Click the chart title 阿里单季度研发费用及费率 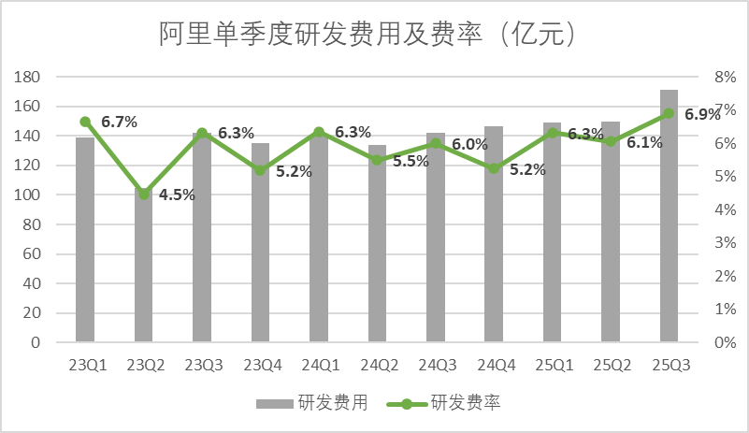365,35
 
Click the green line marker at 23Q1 85,122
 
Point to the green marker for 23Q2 144,194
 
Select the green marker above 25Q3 669,113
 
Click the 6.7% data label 119,122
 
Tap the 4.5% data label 176,195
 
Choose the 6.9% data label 702,114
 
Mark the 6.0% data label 469,144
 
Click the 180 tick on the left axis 30,77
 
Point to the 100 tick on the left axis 30,195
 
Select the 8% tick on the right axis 727,77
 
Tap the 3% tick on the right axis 727,242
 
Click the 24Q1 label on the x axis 319,366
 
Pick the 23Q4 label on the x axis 261,366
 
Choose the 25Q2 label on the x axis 611,366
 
